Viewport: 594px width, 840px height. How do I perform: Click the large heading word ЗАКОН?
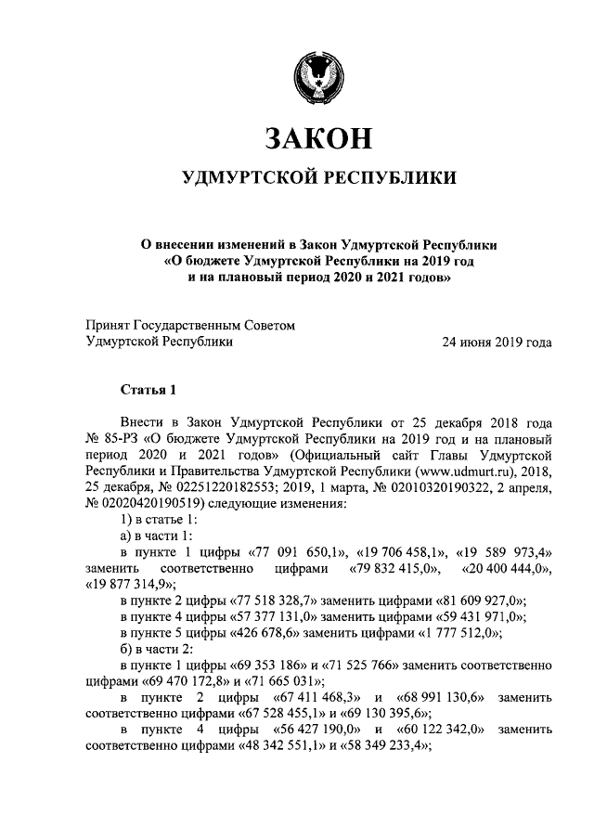click(318, 137)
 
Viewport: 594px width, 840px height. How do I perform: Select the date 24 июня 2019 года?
click(499, 342)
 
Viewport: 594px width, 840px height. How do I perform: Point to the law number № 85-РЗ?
click(109, 437)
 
